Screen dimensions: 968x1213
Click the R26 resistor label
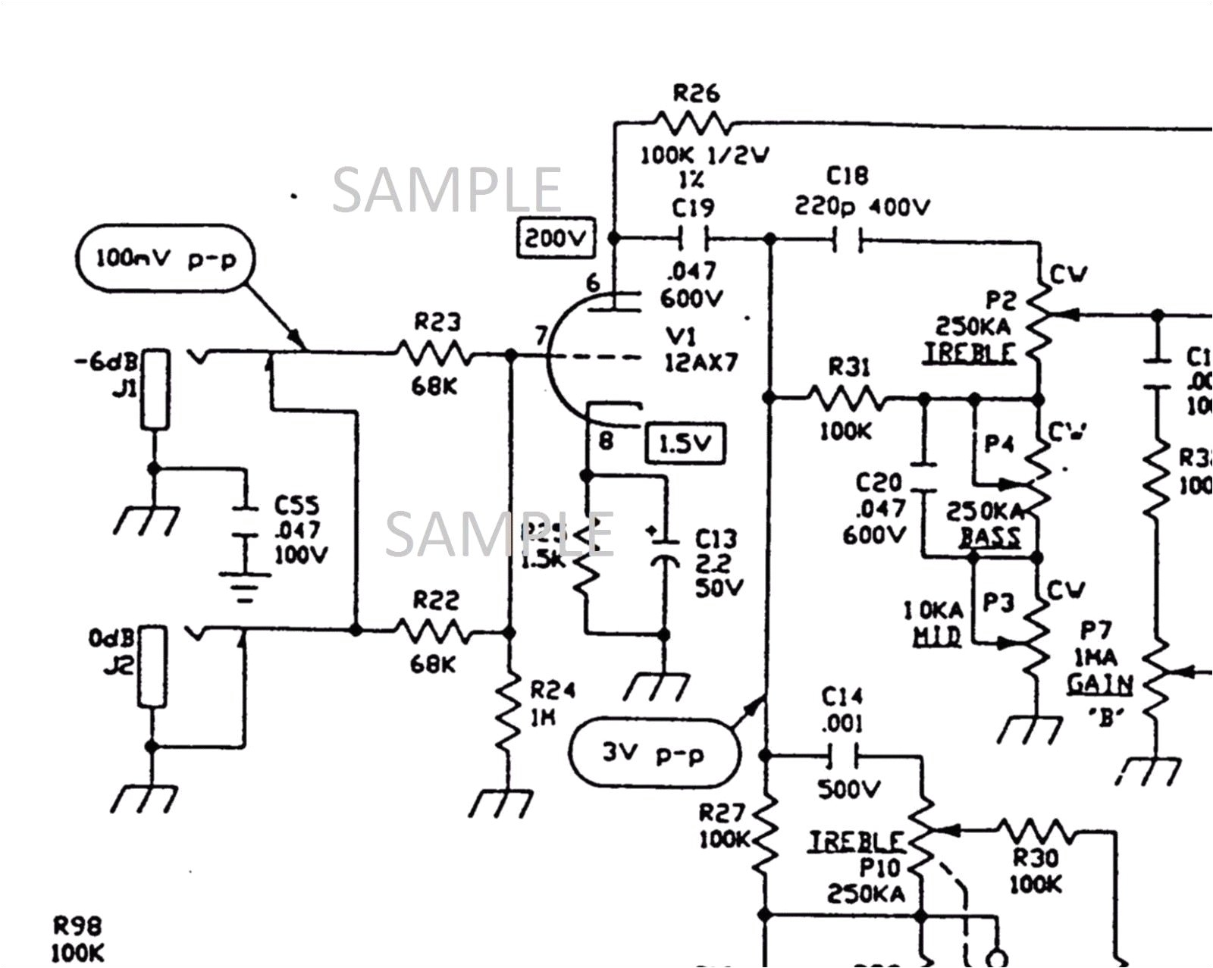(x=696, y=94)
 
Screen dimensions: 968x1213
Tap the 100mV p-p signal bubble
(x=166, y=258)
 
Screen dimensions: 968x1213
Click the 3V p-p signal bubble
(x=654, y=753)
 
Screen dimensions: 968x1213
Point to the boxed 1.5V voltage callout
(x=685, y=443)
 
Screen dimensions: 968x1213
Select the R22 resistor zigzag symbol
(x=432, y=631)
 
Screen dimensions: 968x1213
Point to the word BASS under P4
(x=989, y=537)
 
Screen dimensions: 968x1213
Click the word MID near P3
(x=937, y=637)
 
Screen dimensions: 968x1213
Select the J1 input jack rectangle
(x=155, y=390)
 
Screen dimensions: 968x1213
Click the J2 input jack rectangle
(x=152, y=667)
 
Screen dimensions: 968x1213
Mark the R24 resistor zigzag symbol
(x=509, y=713)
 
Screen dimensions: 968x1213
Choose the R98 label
(x=77, y=926)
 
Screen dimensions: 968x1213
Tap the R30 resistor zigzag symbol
(x=1034, y=832)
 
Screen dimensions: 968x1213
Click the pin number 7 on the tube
(x=540, y=334)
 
